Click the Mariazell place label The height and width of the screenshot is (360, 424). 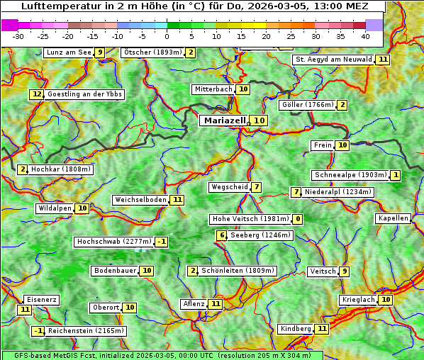224,120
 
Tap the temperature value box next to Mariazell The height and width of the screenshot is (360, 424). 260,120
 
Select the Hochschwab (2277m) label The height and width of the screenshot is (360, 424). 114,242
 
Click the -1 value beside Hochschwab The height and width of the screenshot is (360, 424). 162,242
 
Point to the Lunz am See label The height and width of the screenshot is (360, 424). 69,52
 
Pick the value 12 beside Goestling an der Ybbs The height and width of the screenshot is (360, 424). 37,94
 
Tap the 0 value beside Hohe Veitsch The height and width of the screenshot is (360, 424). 298,219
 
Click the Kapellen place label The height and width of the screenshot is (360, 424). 393,218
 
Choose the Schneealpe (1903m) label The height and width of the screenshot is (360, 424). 350,175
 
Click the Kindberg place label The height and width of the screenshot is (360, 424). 296,329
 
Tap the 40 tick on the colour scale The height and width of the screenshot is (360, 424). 365,35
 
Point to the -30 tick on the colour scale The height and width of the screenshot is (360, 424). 19,35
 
